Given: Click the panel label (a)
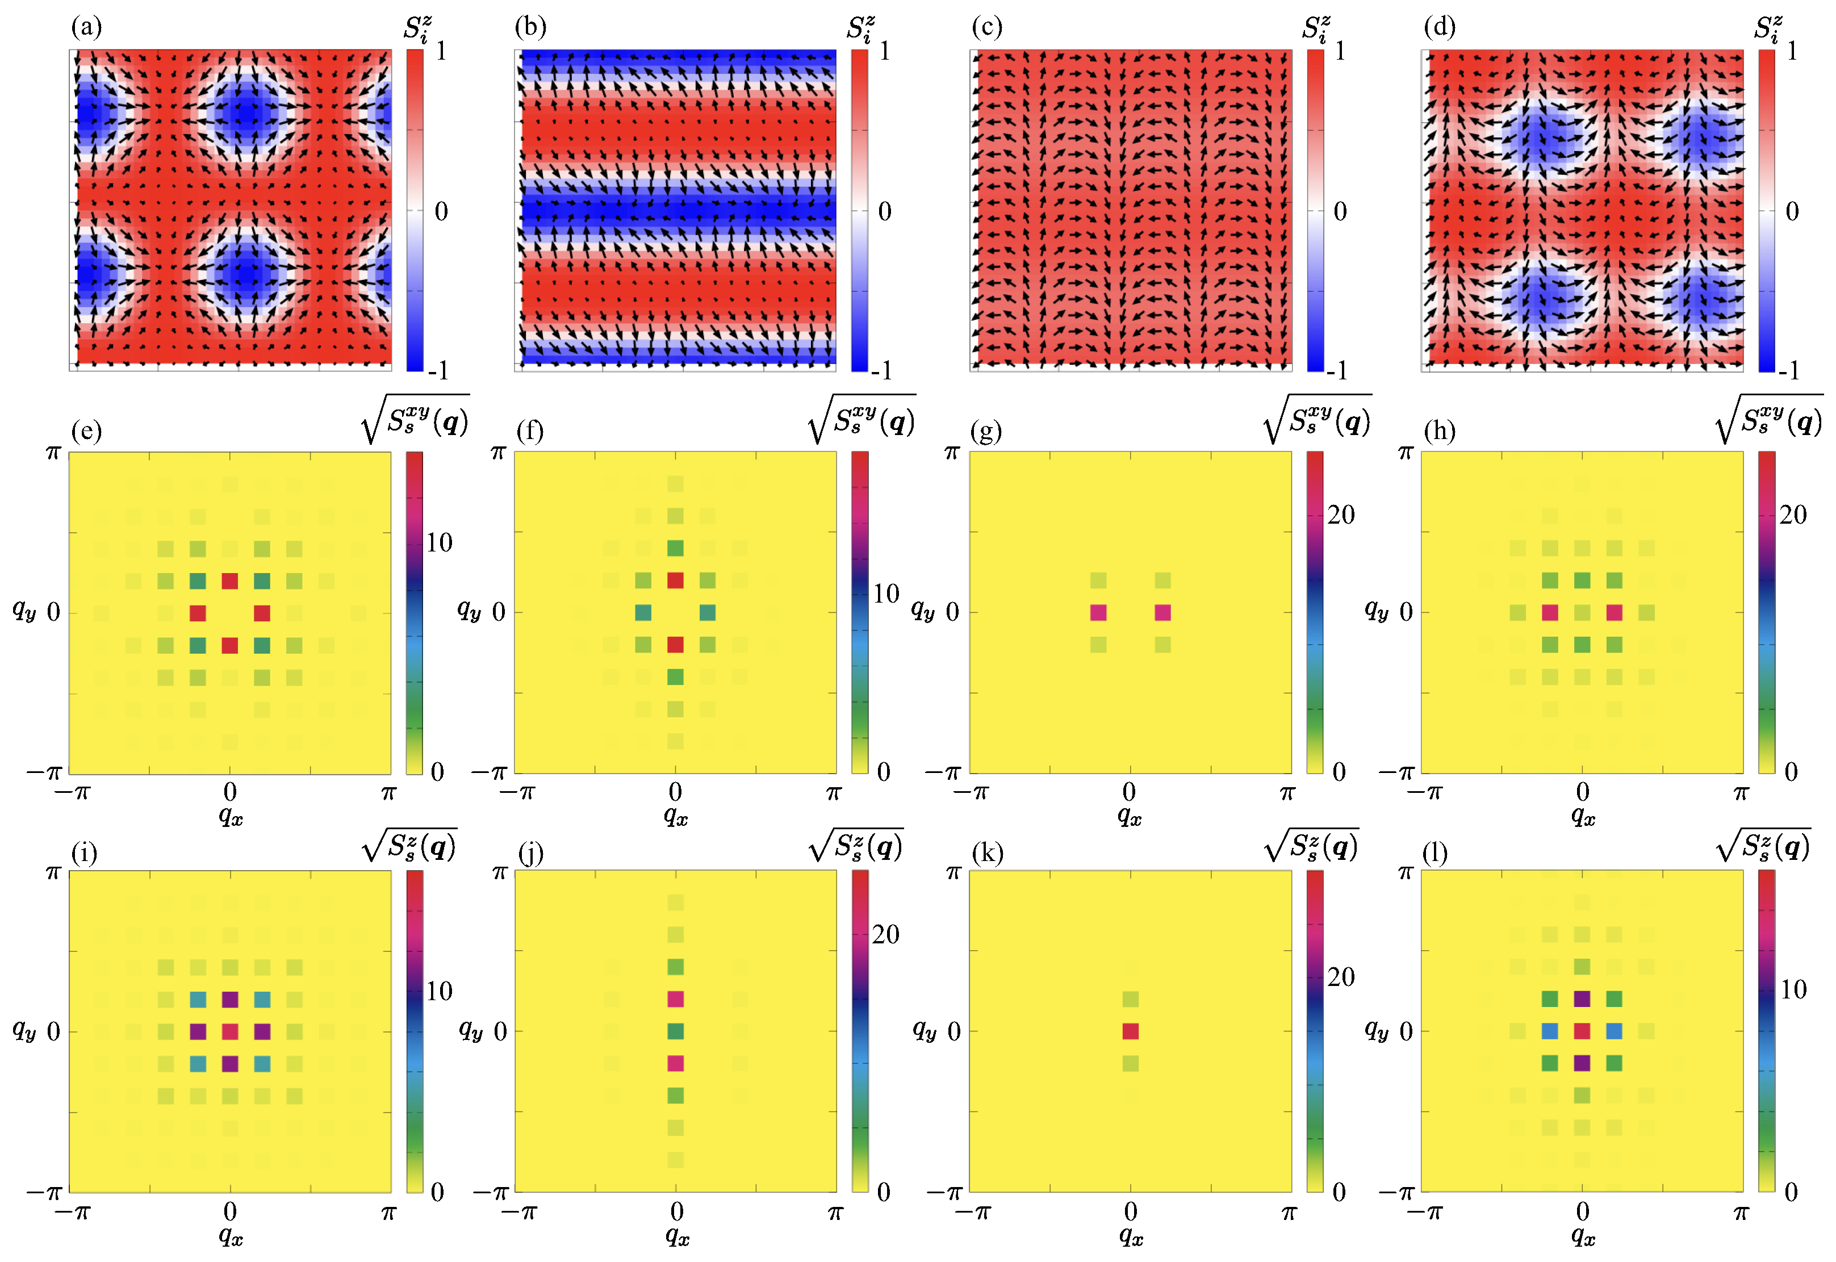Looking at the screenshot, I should point(86,28).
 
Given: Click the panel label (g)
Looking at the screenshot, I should point(986,431).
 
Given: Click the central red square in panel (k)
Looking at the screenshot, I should point(1130,1031).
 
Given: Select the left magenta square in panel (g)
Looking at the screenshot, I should point(1098,612).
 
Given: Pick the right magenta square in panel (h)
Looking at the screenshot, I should point(1614,612).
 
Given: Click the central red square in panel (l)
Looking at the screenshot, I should point(1582,1031).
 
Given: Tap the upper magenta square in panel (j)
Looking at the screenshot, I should point(675,998).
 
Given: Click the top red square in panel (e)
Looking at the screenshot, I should point(229,580).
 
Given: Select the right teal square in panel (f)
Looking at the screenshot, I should point(707,612).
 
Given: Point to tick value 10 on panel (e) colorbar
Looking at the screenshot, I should point(439,542).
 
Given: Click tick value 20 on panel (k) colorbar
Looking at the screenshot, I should point(1340,977).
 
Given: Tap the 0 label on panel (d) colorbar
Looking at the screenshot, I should point(1792,211).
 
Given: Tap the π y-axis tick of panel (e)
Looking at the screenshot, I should point(52,452).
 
